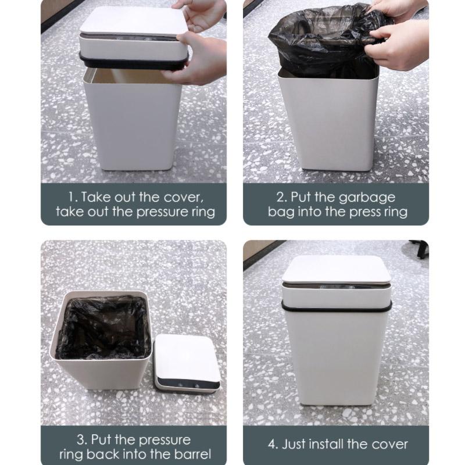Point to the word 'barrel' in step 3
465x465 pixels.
(189, 454)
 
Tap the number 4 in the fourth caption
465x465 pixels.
(272, 445)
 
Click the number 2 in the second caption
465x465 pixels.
(280, 196)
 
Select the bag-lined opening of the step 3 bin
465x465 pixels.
(103, 328)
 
